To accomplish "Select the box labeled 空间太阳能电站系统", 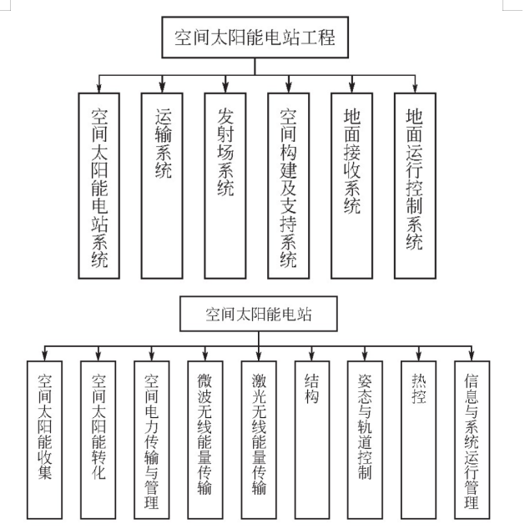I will [99, 184].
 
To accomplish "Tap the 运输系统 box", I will [163, 184].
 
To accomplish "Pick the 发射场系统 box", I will [225, 184].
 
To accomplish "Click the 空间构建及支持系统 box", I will [289, 184].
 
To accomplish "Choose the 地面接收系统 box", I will [351, 184].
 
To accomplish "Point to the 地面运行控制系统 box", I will [415, 184].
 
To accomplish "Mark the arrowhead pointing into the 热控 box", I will [418, 355].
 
